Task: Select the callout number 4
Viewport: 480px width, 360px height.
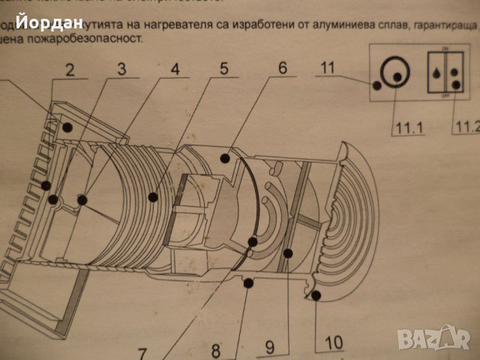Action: pyautogui.click(x=175, y=72)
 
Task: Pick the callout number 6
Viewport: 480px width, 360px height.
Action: pyautogui.click(x=282, y=67)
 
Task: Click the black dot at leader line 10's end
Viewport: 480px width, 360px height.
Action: pyautogui.click(x=315, y=296)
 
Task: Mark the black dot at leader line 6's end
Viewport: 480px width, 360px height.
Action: pyautogui.click(x=224, y=157)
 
